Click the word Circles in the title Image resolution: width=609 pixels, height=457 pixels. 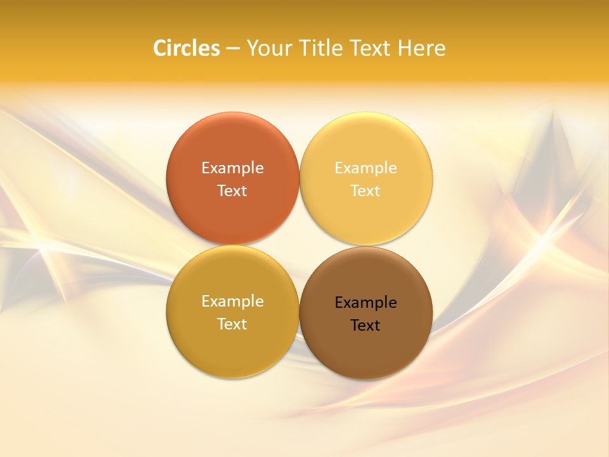coord(187,48)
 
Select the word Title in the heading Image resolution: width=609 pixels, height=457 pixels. coord(324,48)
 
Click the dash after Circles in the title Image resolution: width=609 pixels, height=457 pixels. coord(233,49)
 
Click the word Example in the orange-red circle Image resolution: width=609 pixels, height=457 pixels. coord(232,168)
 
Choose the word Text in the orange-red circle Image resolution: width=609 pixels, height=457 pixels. coord(232,191)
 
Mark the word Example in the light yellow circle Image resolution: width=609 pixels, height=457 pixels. coord(365,168)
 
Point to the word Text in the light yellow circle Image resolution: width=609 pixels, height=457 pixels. coord(365,191)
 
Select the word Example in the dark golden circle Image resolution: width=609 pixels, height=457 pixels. coord(232,301)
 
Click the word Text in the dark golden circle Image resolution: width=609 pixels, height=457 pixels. coord(232,324)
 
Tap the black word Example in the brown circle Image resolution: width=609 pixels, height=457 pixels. coord(365,303)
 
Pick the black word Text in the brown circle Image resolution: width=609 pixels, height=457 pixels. coord(365,326)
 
